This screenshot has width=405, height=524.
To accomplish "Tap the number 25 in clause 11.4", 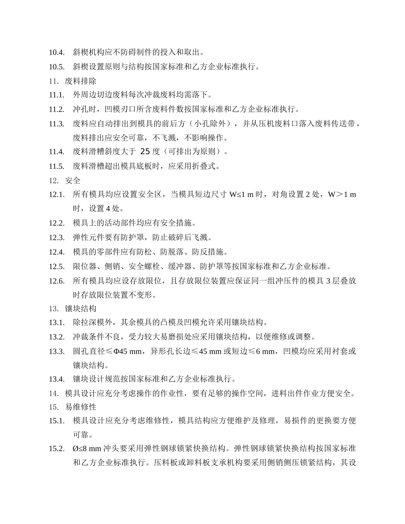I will point(145,152).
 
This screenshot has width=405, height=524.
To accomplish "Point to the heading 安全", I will point(73,181).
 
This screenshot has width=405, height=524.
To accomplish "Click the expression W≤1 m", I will point(241,195).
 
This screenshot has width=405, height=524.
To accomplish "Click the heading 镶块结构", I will point(81,308).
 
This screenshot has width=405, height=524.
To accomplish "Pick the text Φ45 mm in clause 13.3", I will point(130,351).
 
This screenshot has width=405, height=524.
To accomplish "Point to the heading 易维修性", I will point(81,407).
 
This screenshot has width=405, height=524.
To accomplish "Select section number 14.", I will point(53,393).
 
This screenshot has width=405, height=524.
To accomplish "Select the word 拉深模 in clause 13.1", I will point(93,322).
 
